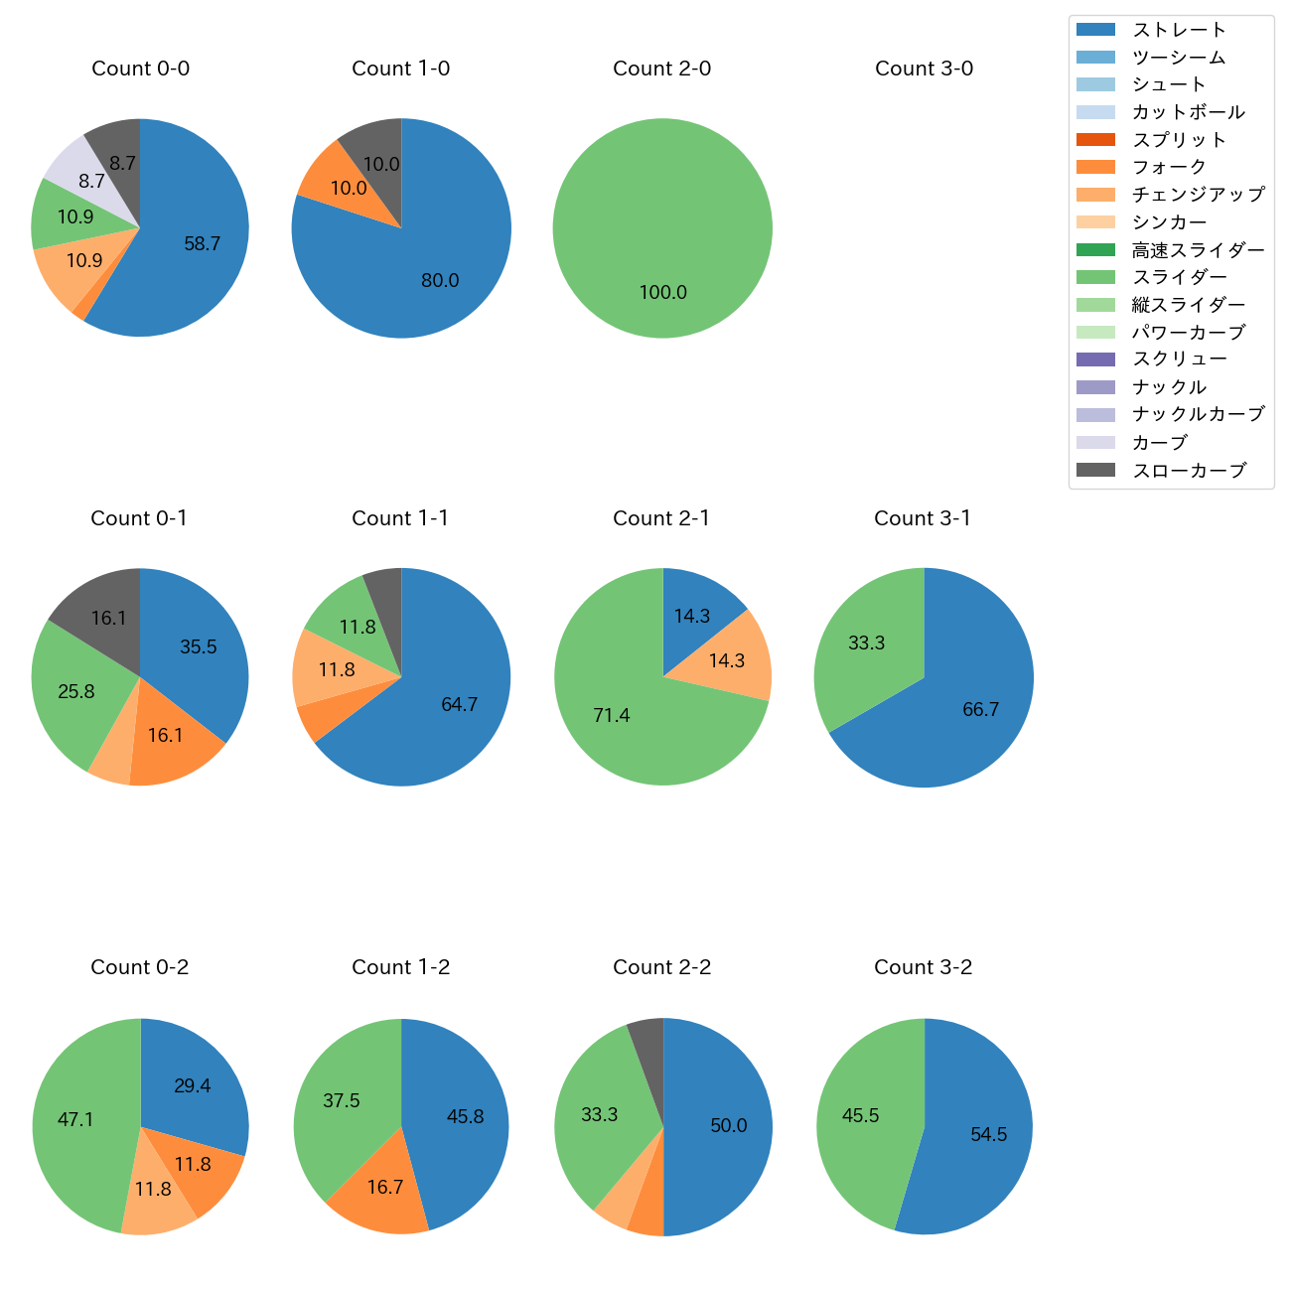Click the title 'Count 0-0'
point(140,69)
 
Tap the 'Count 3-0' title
point(924,69)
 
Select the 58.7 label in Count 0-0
point(203,243)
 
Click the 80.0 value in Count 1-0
point(440,280)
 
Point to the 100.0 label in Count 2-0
point(662,292)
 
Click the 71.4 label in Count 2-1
point(612,715)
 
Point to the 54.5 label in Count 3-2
point(989,1134)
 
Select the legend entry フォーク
point(1169,167)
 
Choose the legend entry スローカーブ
point(1189,471)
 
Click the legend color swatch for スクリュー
point(1095,359)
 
